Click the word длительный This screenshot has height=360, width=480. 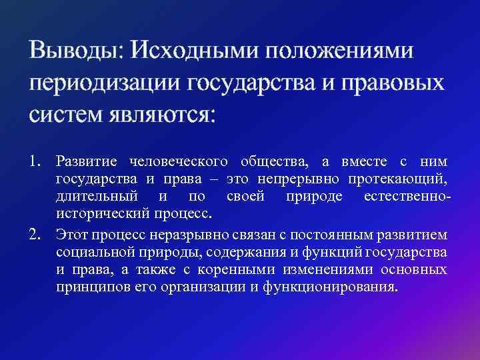97,197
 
